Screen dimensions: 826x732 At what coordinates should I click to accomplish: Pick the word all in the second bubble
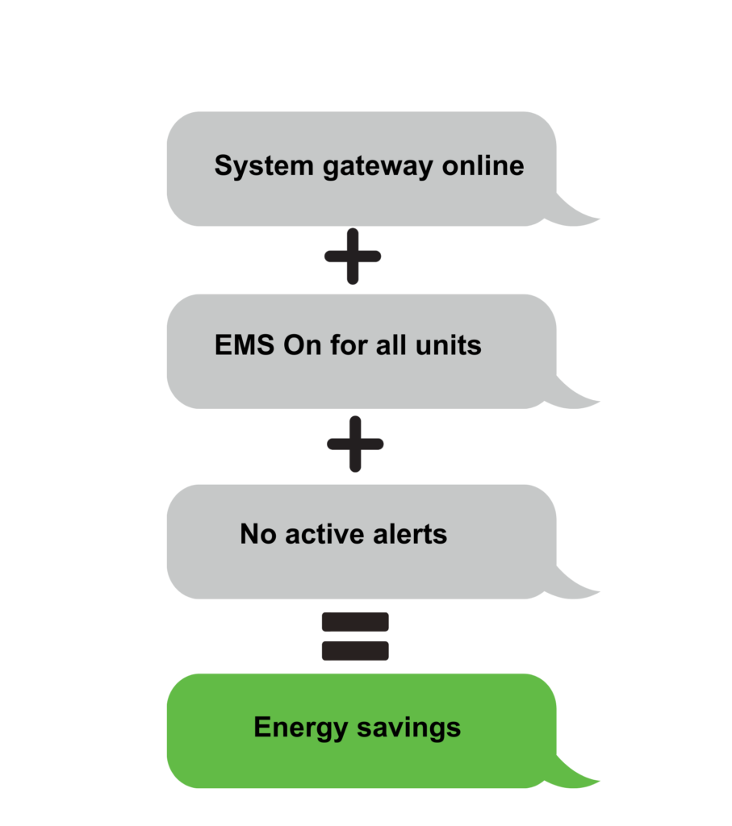point(394,345)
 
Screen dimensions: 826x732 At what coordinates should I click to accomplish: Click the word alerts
point(412,534)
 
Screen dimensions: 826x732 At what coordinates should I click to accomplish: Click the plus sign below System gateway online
point(353,256)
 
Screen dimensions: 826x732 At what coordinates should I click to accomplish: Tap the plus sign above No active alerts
point(355,444)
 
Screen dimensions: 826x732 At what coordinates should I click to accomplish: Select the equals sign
point(355,636)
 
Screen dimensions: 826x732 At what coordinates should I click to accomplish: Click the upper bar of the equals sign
point(355,622)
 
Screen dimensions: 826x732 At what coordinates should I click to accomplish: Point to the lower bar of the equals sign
point(355,650)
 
